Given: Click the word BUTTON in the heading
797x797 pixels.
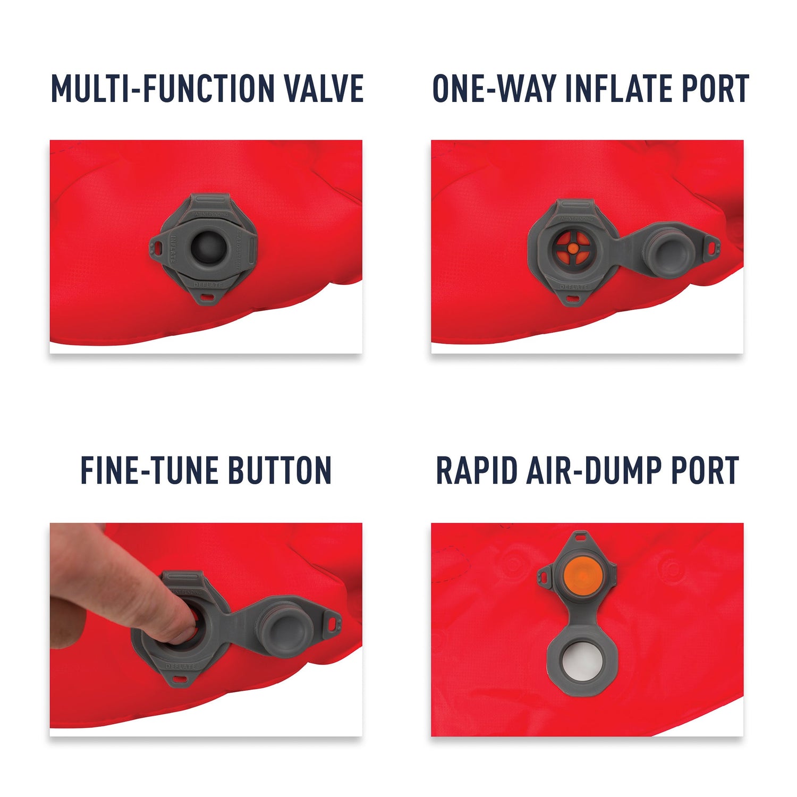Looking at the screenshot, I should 279,470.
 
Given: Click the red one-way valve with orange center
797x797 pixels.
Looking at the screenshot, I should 572,248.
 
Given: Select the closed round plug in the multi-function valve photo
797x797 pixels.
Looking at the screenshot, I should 208,247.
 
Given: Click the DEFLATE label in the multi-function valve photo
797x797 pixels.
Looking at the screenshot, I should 208,285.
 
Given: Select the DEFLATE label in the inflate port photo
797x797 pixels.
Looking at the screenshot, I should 574,287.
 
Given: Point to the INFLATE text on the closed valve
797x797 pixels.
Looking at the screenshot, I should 173,249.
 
